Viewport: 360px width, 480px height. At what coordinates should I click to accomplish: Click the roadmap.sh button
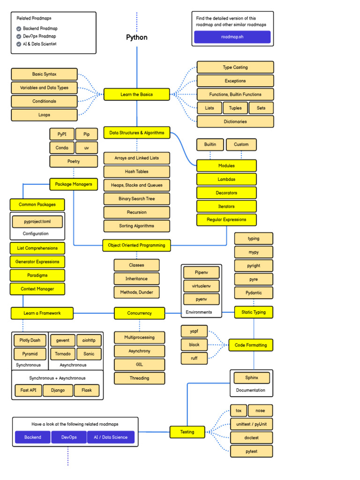(232, 37)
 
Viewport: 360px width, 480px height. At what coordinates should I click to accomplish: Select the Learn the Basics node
(136, 94)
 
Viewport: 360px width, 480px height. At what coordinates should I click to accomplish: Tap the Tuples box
(235, 108)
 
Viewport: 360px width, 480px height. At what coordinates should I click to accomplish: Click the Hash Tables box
(136, 172)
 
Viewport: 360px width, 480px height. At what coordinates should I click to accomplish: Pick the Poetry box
(74, 161)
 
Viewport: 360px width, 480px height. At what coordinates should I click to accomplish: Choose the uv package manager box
(87, 148)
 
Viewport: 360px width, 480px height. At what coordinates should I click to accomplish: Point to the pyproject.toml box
(36, 221)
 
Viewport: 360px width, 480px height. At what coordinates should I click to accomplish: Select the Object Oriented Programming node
(136, 245)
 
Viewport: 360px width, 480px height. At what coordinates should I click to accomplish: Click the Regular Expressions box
(226, 219)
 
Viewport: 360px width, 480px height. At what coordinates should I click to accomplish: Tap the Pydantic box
(254, 293)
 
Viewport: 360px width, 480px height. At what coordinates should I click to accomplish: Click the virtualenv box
(201, 285)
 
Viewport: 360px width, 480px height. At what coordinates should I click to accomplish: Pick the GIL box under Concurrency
(139, 365)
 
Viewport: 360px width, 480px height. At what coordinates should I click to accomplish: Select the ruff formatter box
(194, 358)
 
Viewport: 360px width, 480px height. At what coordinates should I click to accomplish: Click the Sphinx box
(251, 378)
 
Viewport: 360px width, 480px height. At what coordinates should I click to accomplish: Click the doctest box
(251, 438)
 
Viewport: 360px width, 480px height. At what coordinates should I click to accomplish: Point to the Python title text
(136, 37)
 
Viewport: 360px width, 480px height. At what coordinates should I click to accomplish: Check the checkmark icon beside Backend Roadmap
(18, 29)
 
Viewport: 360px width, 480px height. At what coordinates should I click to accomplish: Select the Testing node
(187, 432)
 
